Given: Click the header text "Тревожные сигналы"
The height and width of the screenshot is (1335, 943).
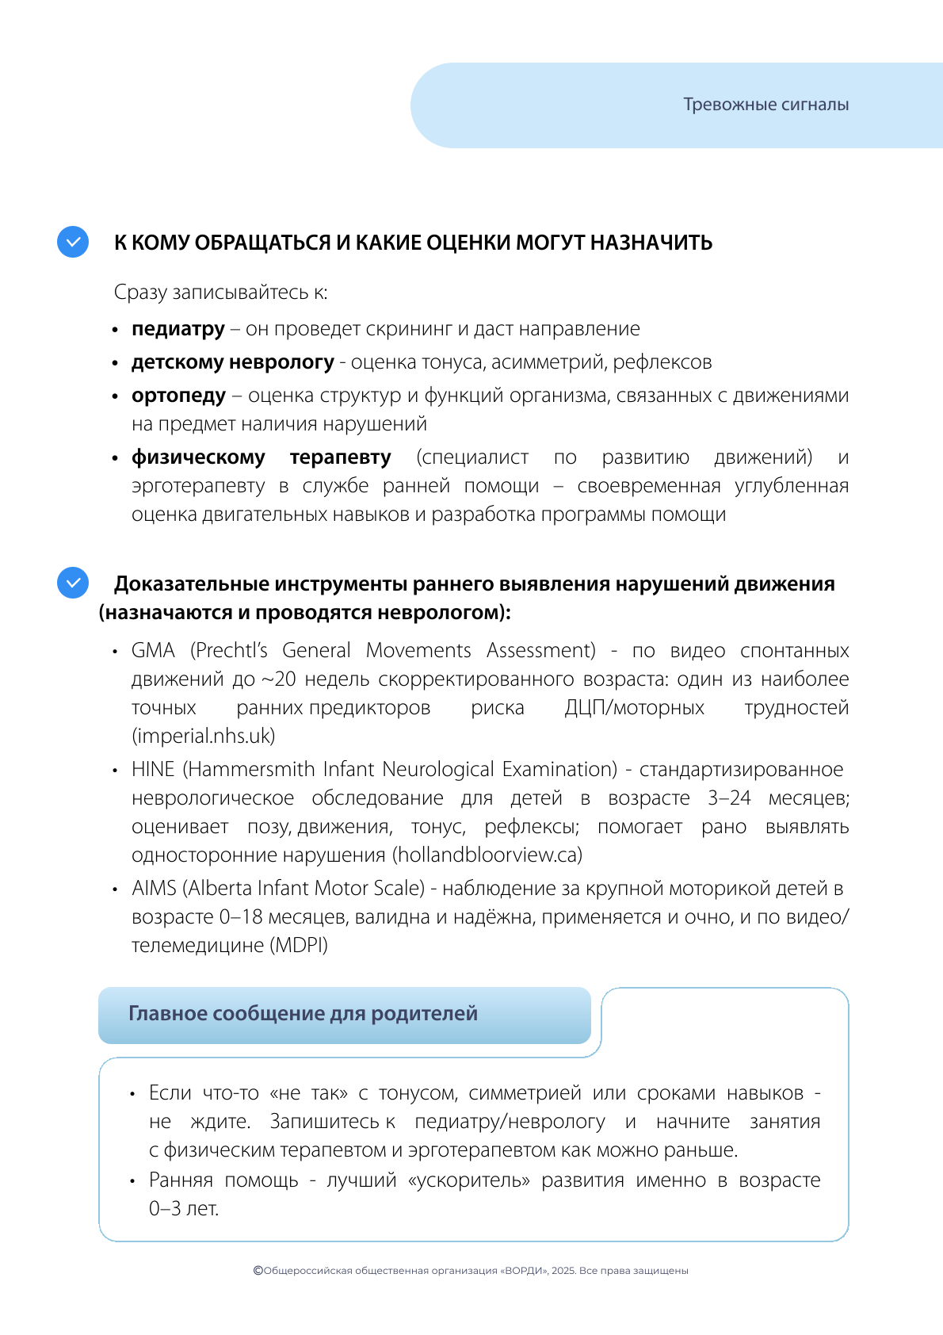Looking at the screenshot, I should [x=765, y=105].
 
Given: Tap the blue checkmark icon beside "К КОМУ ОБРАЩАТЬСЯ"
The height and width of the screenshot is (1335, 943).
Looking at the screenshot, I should [x=73, y=242].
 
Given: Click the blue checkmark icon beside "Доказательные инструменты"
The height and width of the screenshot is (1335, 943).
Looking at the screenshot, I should [x=73, y=583].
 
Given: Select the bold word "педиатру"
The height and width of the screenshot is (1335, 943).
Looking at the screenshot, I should [x=178, y=329].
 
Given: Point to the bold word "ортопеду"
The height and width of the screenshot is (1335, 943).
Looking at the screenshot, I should [x=179, y=396].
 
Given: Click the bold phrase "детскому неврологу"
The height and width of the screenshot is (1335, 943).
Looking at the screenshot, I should [x=232, y=362].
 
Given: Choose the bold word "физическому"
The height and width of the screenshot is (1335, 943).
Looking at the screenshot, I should [x=198, y=457].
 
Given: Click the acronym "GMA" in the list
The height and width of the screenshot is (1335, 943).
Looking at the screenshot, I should [x=153, y=651].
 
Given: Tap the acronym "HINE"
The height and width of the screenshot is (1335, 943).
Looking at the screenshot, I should [x=153, y=770].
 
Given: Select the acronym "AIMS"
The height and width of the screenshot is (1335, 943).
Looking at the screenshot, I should [x=155, y=889].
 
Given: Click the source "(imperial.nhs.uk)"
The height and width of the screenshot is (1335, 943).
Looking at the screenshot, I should [x=204, y=736].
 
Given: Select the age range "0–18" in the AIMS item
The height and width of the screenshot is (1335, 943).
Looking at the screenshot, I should [x=241, y=917].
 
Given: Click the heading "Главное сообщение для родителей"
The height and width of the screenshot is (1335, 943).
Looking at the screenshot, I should [x=303, y=1014].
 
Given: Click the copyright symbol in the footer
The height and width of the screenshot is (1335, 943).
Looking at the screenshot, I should [x=258, y=1271].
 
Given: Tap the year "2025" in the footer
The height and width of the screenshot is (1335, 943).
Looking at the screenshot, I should [x=563, y=1271].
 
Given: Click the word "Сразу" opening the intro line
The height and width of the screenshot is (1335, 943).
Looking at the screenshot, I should [x=140, y=293].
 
